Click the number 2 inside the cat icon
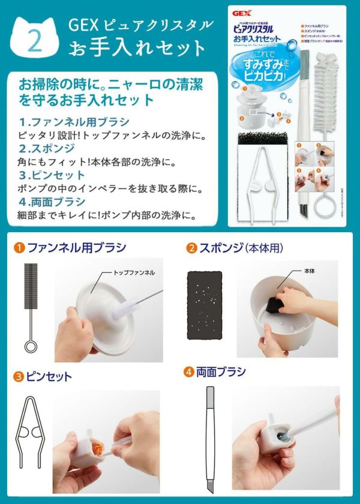coord(34,40)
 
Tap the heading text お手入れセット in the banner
coord(137,47)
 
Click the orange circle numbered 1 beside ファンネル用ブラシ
coord(19,247)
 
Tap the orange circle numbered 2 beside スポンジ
coord(192,247)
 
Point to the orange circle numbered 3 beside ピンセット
coord(19,377)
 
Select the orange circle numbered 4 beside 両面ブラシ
coord(189,372)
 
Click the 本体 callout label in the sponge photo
coord(310,271)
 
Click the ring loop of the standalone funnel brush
coord(30,346)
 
